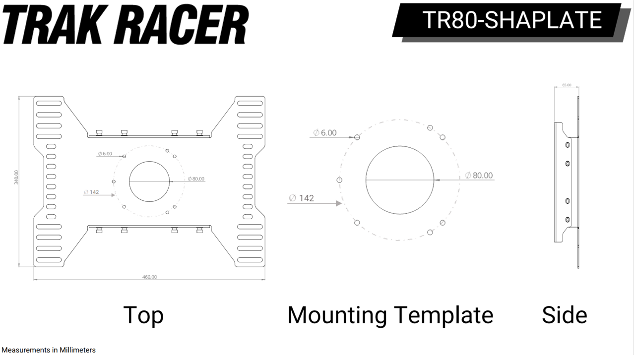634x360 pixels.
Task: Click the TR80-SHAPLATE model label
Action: click(511, 20)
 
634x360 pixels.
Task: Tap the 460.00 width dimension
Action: click(149, 277)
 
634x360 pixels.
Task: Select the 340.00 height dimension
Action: click(16, 177)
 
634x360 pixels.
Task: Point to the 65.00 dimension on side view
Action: click(566, 85)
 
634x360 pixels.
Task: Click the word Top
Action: click(143, 315)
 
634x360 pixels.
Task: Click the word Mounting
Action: click(337, 315)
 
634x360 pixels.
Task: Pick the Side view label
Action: click(564, 315)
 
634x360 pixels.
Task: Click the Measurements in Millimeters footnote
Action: click(48, 350)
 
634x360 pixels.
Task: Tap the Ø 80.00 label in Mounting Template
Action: click(479, 176)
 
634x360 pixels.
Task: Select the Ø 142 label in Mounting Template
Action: click(301, 198)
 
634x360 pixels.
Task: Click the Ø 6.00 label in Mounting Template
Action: click(325, 132)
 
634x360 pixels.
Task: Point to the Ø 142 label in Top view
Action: click(92, 191)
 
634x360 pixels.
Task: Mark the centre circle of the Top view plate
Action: click(150, 181)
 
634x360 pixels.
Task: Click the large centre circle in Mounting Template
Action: click(399, 180)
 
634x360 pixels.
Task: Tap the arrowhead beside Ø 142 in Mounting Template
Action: click(339, 203)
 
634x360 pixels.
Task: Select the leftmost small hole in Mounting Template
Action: click(339, 180)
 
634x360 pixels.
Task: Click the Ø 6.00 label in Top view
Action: click(105, 154)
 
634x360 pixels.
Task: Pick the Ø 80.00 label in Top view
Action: click(196, 179)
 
